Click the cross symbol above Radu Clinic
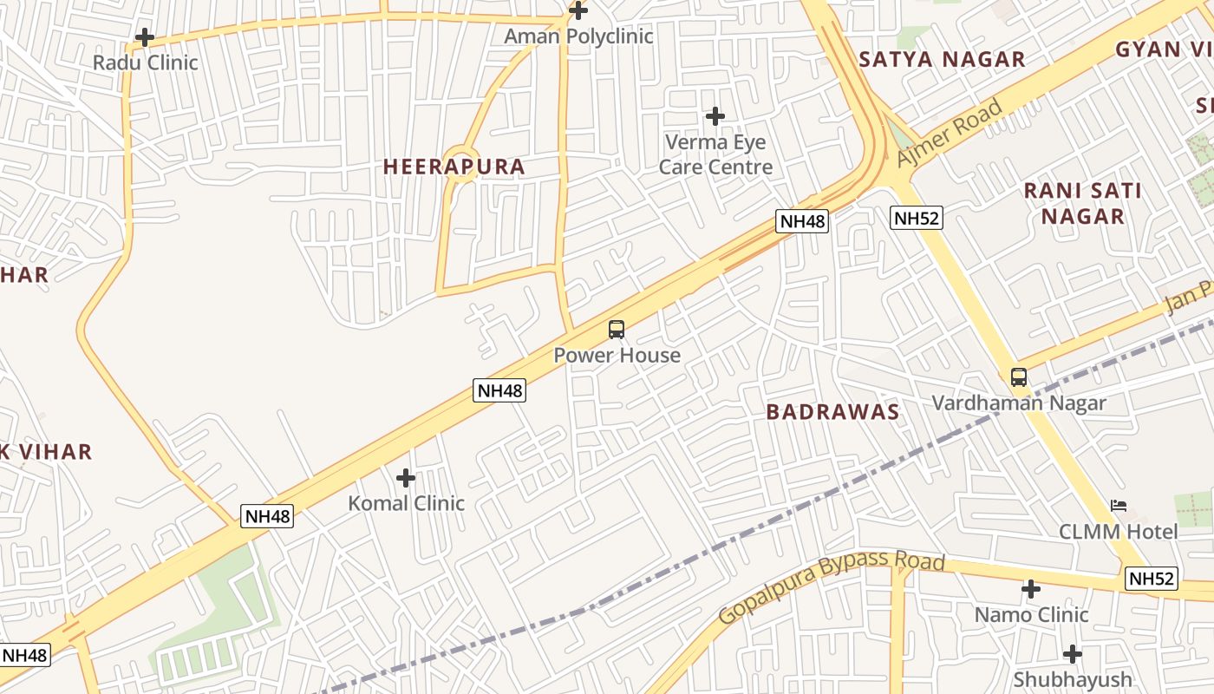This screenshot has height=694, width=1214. tap(145, 38)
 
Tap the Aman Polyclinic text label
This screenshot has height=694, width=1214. tap(578, 36)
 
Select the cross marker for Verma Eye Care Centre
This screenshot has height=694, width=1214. tap(715, 116)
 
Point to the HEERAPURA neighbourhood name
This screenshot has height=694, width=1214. tap(454, 167)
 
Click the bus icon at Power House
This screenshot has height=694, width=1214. tap(617, 330)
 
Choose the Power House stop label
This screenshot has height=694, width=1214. tap(617, 355)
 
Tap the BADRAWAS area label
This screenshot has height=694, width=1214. tap(832, 412)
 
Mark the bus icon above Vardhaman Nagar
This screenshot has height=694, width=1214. tap(1019, 377)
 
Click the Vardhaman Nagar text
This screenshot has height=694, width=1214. tap(1019, 403)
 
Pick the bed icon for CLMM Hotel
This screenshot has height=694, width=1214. tap(1119, 506)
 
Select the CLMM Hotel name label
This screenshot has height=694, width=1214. tap(1119, 531)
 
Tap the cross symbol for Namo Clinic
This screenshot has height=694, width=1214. tap(1031, 590)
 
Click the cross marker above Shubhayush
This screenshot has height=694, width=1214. tap(1073, 654)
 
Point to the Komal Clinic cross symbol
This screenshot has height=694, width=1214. tap(406, 478)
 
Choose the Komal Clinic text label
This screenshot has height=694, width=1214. tap(406, 503)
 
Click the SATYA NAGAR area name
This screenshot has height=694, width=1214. tap(942, 60)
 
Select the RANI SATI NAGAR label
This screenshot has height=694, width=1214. tap(1083, 203)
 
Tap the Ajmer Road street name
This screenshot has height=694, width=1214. tap(950, 133)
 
